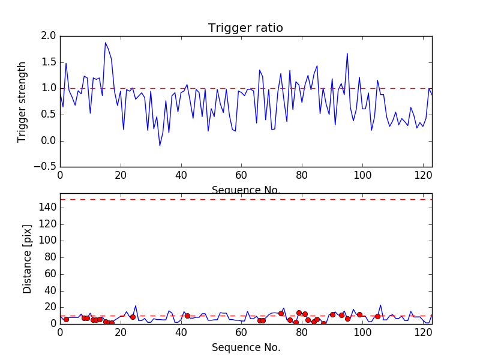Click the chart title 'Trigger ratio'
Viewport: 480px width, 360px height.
(245, 28)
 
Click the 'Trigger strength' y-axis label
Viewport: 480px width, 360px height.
(22, 101)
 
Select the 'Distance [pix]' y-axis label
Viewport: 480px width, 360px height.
(27, 259)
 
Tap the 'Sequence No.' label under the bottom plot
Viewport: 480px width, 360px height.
(245, 347)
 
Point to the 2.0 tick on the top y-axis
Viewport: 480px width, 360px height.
(49, 36)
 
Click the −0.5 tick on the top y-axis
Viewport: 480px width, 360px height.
(45, 167)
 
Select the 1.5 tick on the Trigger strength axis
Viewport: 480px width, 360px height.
(49, 62)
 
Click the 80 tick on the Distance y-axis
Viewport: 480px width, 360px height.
(50, 257)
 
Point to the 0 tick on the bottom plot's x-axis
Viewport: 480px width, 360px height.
(60, 333)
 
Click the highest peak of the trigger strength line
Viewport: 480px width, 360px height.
(106, 43)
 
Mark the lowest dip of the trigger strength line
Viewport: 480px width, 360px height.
(160, 146)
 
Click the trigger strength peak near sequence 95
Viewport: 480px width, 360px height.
(347, 53)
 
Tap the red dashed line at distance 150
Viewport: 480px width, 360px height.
(245, 199)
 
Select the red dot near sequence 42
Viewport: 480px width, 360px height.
(187, 316)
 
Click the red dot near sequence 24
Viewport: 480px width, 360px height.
(133, 317)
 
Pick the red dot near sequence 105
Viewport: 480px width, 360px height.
(377, 316)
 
